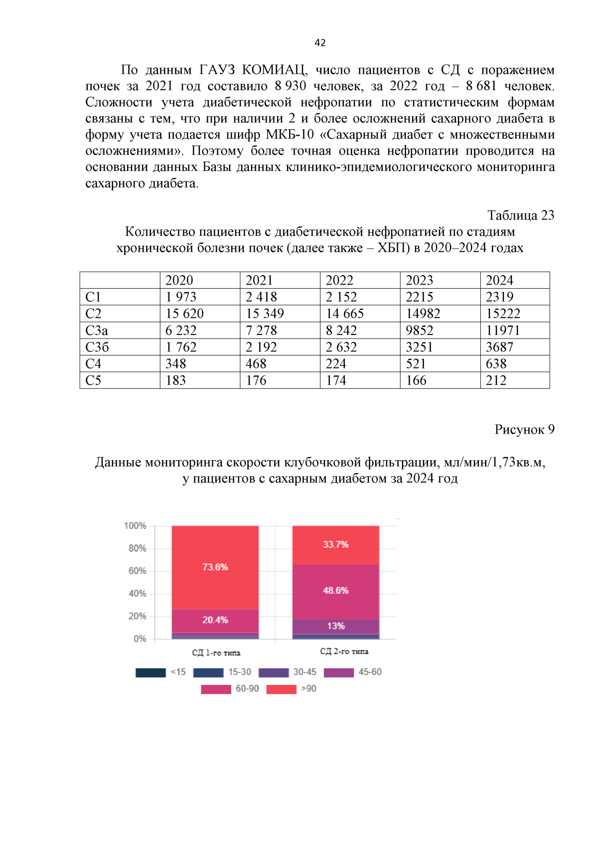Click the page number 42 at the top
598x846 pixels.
pyautogui.click(x=320, y=43)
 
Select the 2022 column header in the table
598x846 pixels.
pyautogui.click(x=339, y=280)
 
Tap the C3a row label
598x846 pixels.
pyautogui.click(x=97, y=331)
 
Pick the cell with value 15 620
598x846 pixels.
pyautogui.click(x=184, y=314)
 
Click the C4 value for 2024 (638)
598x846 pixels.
pyautogui.click(x=496, y=364)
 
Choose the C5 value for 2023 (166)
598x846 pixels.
pyautogui.click(x=416, y=380)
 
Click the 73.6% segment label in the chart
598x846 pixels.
pyautogui.click(x=215, y=567)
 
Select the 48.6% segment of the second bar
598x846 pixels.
pyautogui.click(x=335, y=591)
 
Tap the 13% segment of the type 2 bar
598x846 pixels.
pyautogui.click(x=335, y=626)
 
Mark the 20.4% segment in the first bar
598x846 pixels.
pyautogui.click(x=215, y=620)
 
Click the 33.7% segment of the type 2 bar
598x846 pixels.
pyautogui.click(x=335, y=544)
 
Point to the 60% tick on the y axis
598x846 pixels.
pyautogui.click(x=137, y=571)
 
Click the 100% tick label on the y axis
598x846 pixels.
pyautogui.click(x=135, y=526)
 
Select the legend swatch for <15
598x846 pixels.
pyautogui.click(x=150, y=673)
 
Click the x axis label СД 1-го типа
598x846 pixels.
pyautogui.click(x=216, y=653)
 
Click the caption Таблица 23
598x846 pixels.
pyautogui.click(x=520, y=215)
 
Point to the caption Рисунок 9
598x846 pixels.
pyautogui.click(x=524, y=430)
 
